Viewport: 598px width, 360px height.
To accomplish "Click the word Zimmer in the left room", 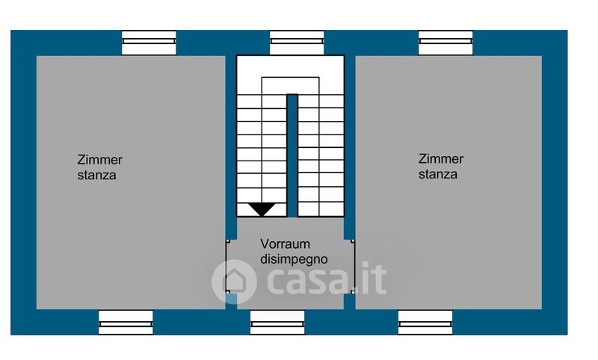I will [99, 160].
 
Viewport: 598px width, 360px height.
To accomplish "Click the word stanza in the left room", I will [96, 176].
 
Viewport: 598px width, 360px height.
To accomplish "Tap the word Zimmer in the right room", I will [441, 159].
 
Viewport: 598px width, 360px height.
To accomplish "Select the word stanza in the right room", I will [438, 175].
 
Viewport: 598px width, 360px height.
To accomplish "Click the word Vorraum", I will [285, 243].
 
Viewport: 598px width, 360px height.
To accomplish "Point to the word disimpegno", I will [295, 259].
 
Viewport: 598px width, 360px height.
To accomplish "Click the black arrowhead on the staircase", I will [262, 209].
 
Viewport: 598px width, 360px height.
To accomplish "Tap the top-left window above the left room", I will [149, 43].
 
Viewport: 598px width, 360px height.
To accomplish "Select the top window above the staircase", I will [297, 43].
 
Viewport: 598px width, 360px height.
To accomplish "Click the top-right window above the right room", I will [446, 43].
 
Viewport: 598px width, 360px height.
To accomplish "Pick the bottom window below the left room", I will [126, 322].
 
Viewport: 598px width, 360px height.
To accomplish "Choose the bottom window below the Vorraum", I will [277, 322].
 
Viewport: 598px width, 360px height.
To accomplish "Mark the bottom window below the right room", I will [425, 322].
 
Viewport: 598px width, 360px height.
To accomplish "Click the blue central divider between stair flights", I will [292, 153].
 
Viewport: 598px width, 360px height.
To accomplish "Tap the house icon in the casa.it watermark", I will [234, 281].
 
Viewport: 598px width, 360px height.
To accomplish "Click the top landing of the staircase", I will [291, 84].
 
